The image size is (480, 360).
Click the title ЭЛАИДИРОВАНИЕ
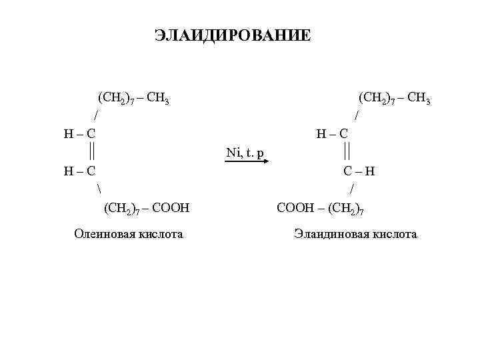pos(232,35)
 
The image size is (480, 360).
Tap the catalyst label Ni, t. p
pos(245,153)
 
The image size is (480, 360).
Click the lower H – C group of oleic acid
pos(79,171)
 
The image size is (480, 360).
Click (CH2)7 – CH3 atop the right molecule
pos(394,99)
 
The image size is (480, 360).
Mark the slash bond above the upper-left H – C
pos(97,115)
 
